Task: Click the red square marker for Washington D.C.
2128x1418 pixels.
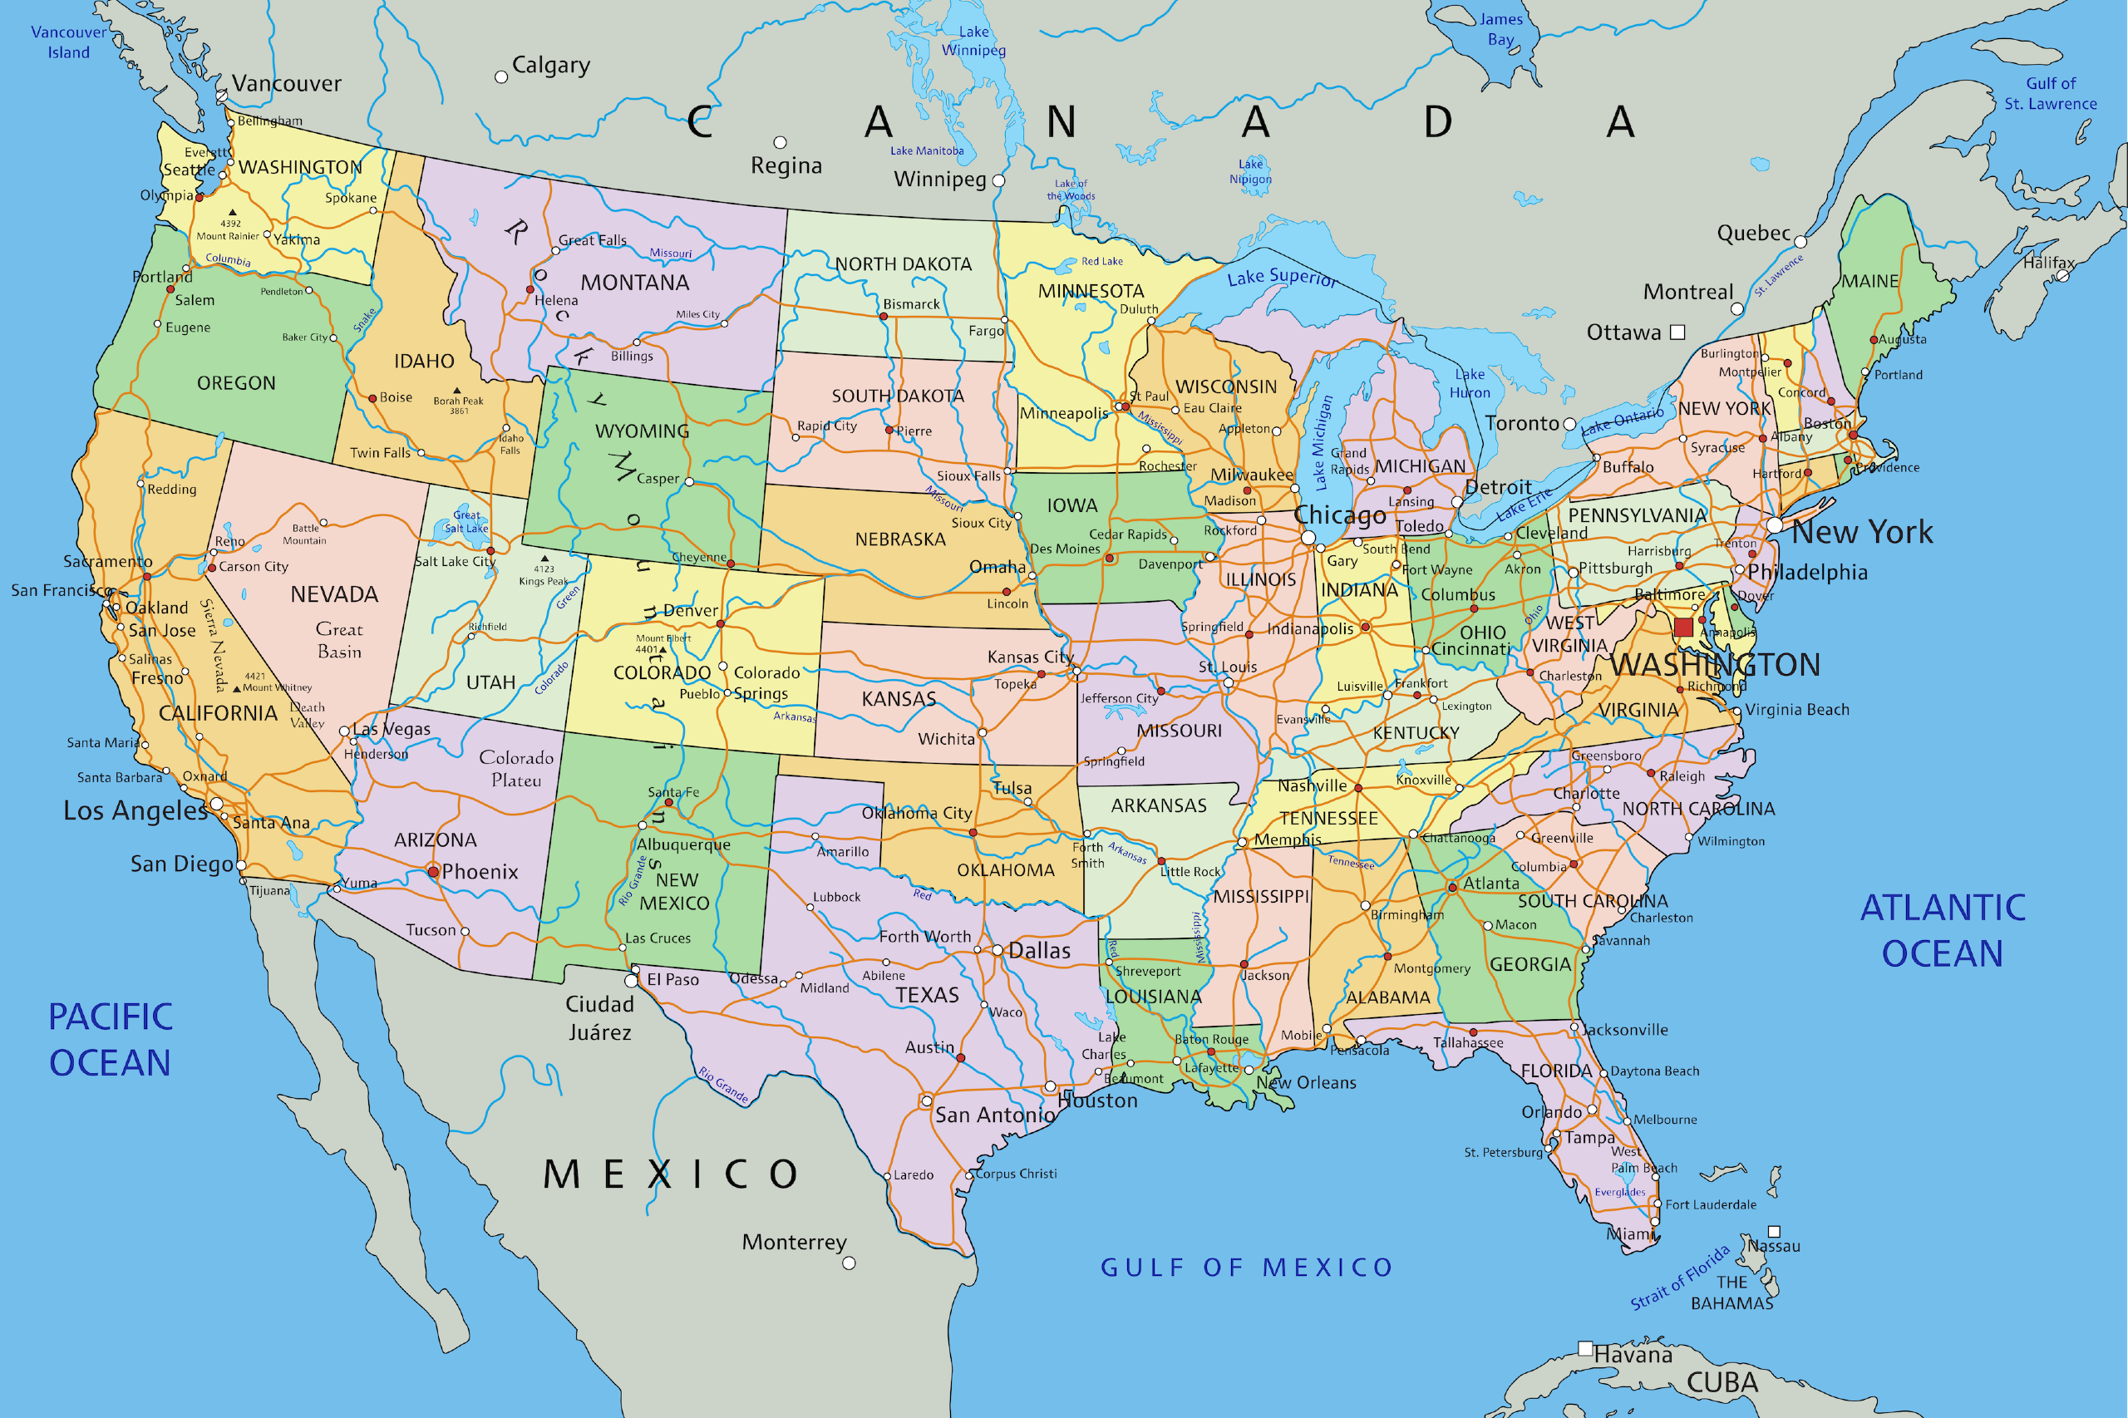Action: tap(1683, 628)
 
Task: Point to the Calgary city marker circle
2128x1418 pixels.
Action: tap(501, 76)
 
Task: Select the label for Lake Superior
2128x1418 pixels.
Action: tap(1282, 278)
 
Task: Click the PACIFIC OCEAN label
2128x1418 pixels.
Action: tap(111, 1040)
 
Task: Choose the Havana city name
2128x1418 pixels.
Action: tap(1633, 1355)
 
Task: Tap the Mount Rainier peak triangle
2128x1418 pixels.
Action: tap(233, 213)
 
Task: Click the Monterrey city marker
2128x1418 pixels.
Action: tap(849, 1263)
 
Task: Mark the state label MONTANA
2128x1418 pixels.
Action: tap(635, 283)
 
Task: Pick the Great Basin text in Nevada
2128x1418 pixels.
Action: tap(339, 640)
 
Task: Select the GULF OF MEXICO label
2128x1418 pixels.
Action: tap(1246, 1268)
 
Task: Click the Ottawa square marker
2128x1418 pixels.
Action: tap(1677, 332)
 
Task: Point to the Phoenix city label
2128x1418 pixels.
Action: tap(480, 872)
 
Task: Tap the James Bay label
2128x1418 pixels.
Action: tap(1500, 29)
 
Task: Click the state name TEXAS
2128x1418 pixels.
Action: tap(927, 996)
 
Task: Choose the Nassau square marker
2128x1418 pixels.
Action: tap(1774, 1232)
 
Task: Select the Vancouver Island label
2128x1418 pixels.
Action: tap(69, 42)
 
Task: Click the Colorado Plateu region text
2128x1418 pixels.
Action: tap(516, 769)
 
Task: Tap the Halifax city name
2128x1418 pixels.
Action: tap(2049, 263)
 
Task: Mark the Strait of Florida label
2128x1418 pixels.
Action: tap(1679, 1278)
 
